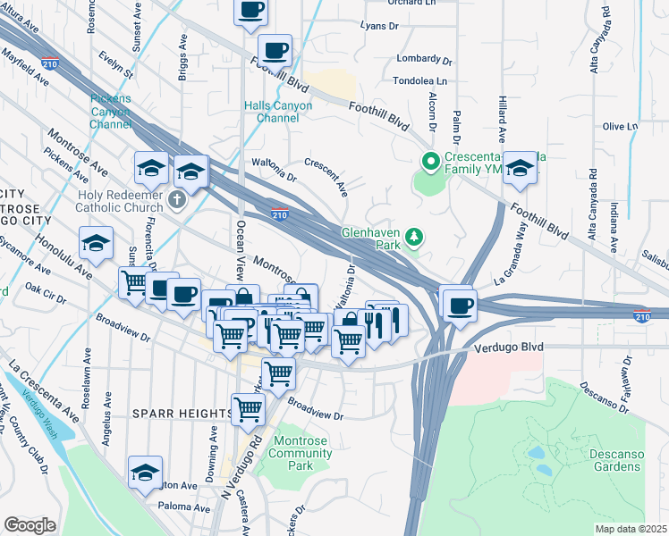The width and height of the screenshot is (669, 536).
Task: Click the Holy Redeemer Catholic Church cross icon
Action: click(177, 198)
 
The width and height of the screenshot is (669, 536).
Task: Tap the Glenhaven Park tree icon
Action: click(413, 237)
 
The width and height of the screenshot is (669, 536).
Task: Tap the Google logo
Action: click(30, 525)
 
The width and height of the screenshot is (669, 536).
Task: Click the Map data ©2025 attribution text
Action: click(631, 529)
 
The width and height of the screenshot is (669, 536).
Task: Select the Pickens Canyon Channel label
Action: click(111, 111)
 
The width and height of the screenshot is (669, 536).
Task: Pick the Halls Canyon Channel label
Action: click(278, 112)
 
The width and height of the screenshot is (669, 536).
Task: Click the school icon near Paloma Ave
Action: click(146, 472)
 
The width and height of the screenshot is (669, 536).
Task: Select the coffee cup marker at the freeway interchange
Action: click(460, 305)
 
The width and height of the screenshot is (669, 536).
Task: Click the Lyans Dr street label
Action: click(378, 26)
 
